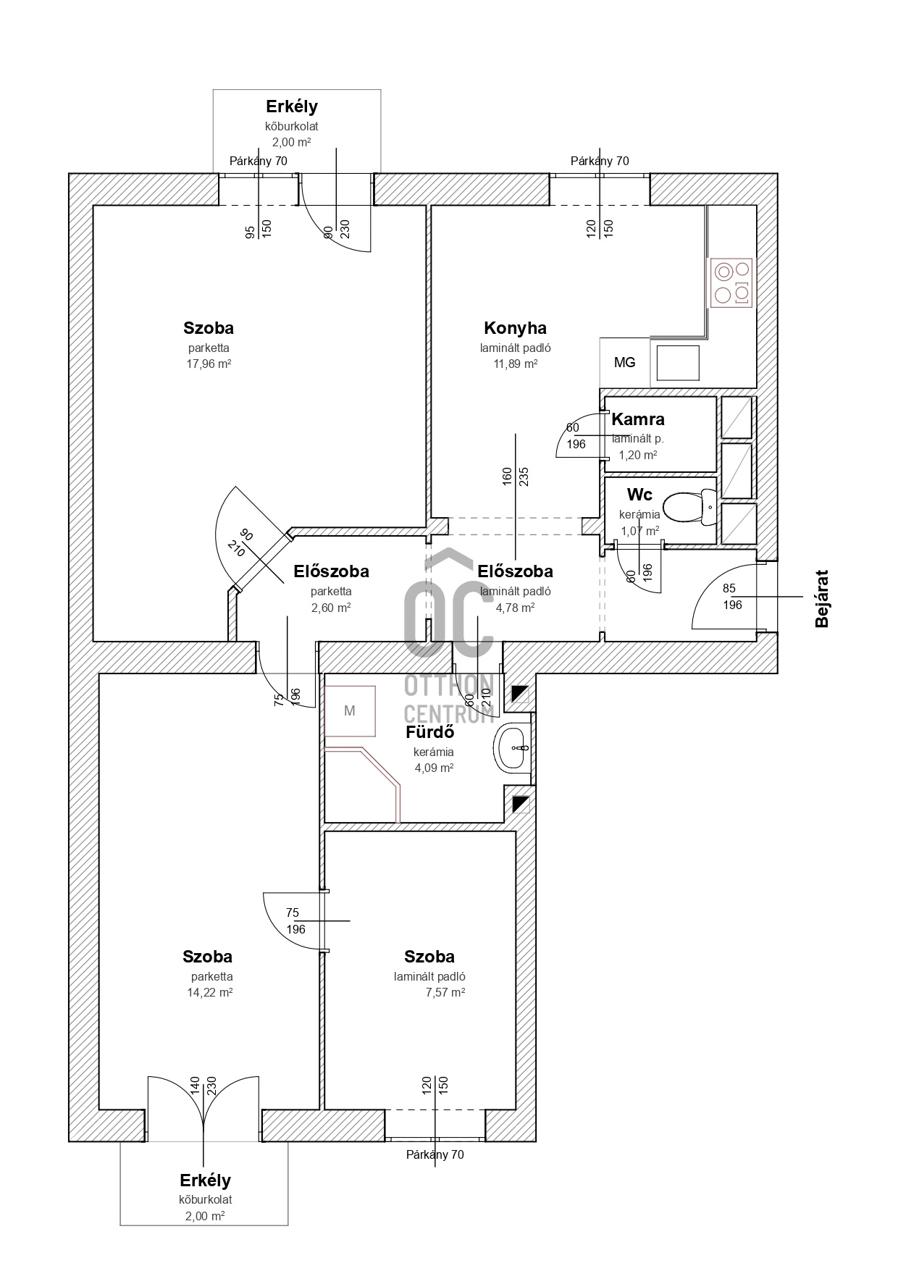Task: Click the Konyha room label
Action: point(515,328)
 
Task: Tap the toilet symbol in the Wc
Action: point(690,508)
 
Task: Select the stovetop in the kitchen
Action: point(731,282)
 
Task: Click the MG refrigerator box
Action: point(624,362)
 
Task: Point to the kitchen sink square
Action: point(678,363)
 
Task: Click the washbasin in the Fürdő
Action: point(513,747)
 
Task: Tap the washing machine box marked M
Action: point(350,710)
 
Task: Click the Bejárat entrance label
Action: point(822,599)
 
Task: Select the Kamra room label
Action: point(638,419)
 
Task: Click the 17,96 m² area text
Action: point(209,364)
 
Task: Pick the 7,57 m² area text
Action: point(445,993)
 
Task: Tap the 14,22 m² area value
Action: point(209,993)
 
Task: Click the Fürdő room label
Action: point(429,732)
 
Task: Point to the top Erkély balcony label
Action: point(292,106)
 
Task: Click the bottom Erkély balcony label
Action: point(205,1180)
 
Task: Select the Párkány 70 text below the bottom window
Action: point(435,1155)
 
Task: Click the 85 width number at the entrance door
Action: point(729,589)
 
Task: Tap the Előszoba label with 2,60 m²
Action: point(331,571)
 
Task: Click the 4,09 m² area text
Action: point(434,768)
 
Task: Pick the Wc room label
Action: point(639,495)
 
